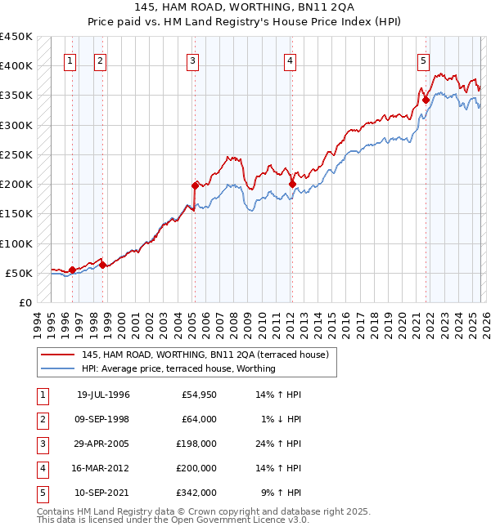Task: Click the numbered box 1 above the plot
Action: tap(70, 60)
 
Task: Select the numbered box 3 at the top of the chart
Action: tap(192, 60)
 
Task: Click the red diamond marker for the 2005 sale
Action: tap(196, 185)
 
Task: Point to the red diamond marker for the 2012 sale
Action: tap(292, 184)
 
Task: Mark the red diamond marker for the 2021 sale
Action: tap(426, 100)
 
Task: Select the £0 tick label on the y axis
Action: tap(25, 303)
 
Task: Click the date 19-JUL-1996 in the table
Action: tap(103, 395)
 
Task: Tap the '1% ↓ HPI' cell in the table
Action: tap(282, 420)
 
